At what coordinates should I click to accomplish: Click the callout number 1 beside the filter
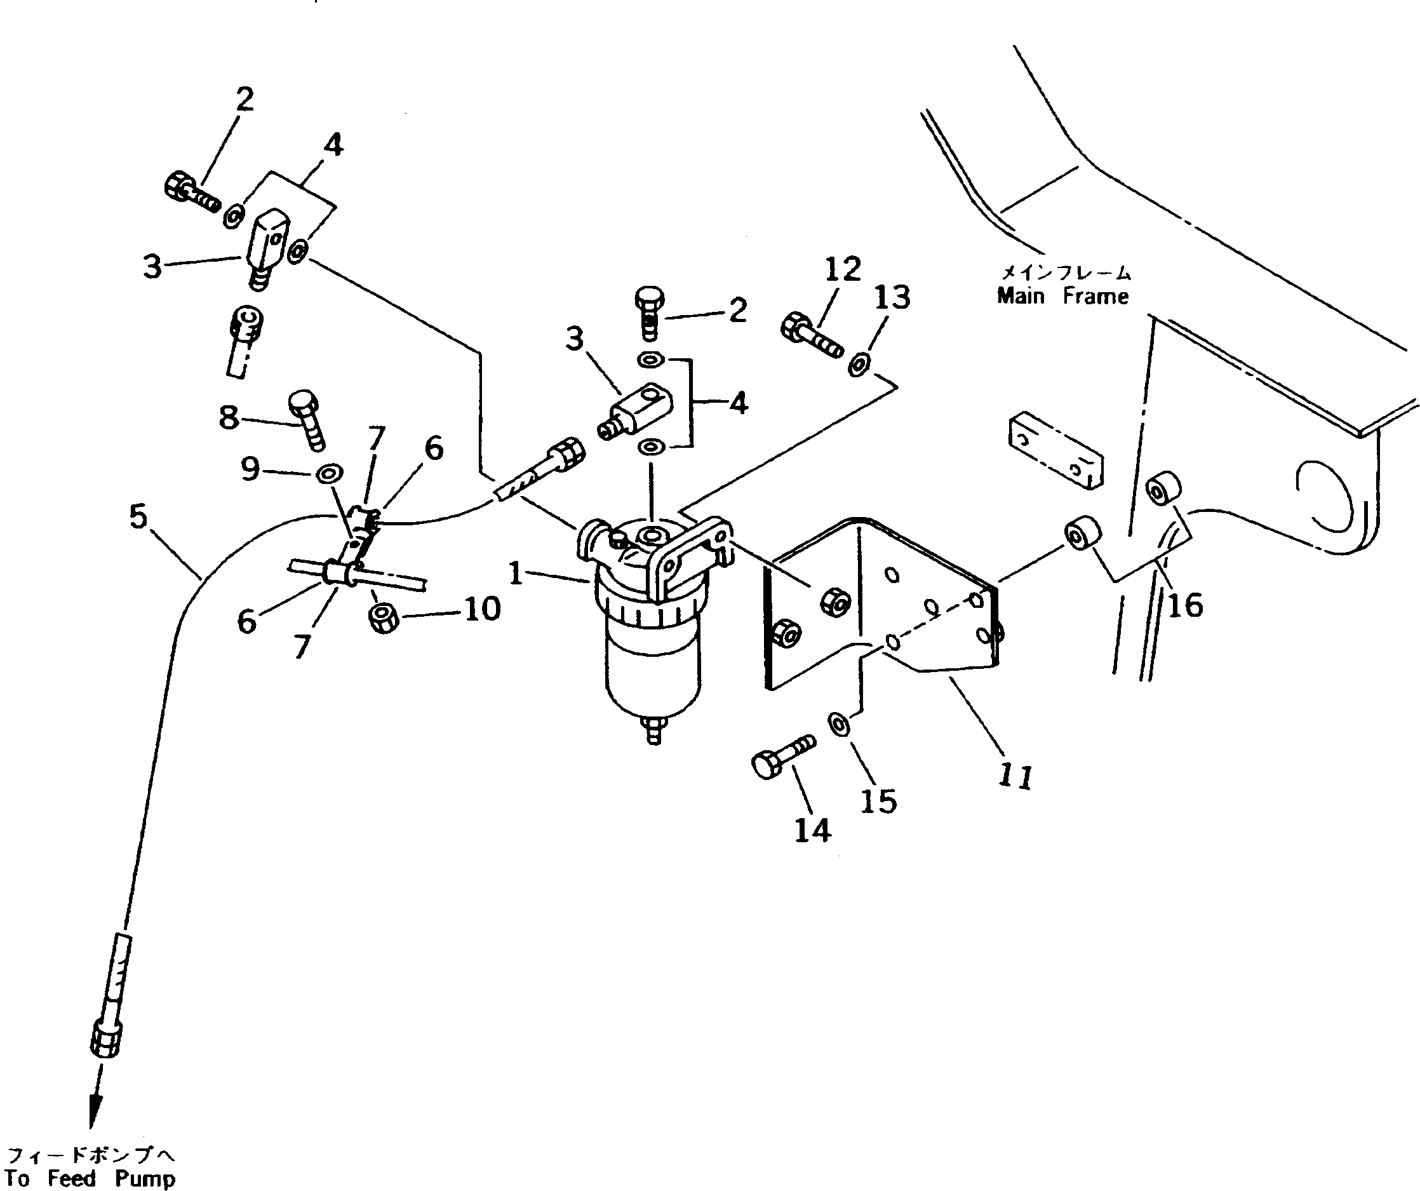(x=516, y=574)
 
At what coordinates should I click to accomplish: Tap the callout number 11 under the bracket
(x=1015, y=776)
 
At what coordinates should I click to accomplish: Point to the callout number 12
(x=843, y=269)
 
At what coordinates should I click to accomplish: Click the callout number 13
(x=892, y=297)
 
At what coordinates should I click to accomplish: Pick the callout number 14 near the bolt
(x=812, y=830)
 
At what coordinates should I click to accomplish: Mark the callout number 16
(x=1186, y=605)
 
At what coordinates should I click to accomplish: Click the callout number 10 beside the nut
(x=482, y=609)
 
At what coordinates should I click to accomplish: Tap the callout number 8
(x=229, y=417)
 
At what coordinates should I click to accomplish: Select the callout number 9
(x=250, y=468)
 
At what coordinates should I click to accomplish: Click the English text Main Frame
(x=1062, y=296)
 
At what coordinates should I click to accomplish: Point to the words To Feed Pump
(x=90, y=1178)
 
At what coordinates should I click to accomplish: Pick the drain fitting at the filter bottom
(x=654, y=732)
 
